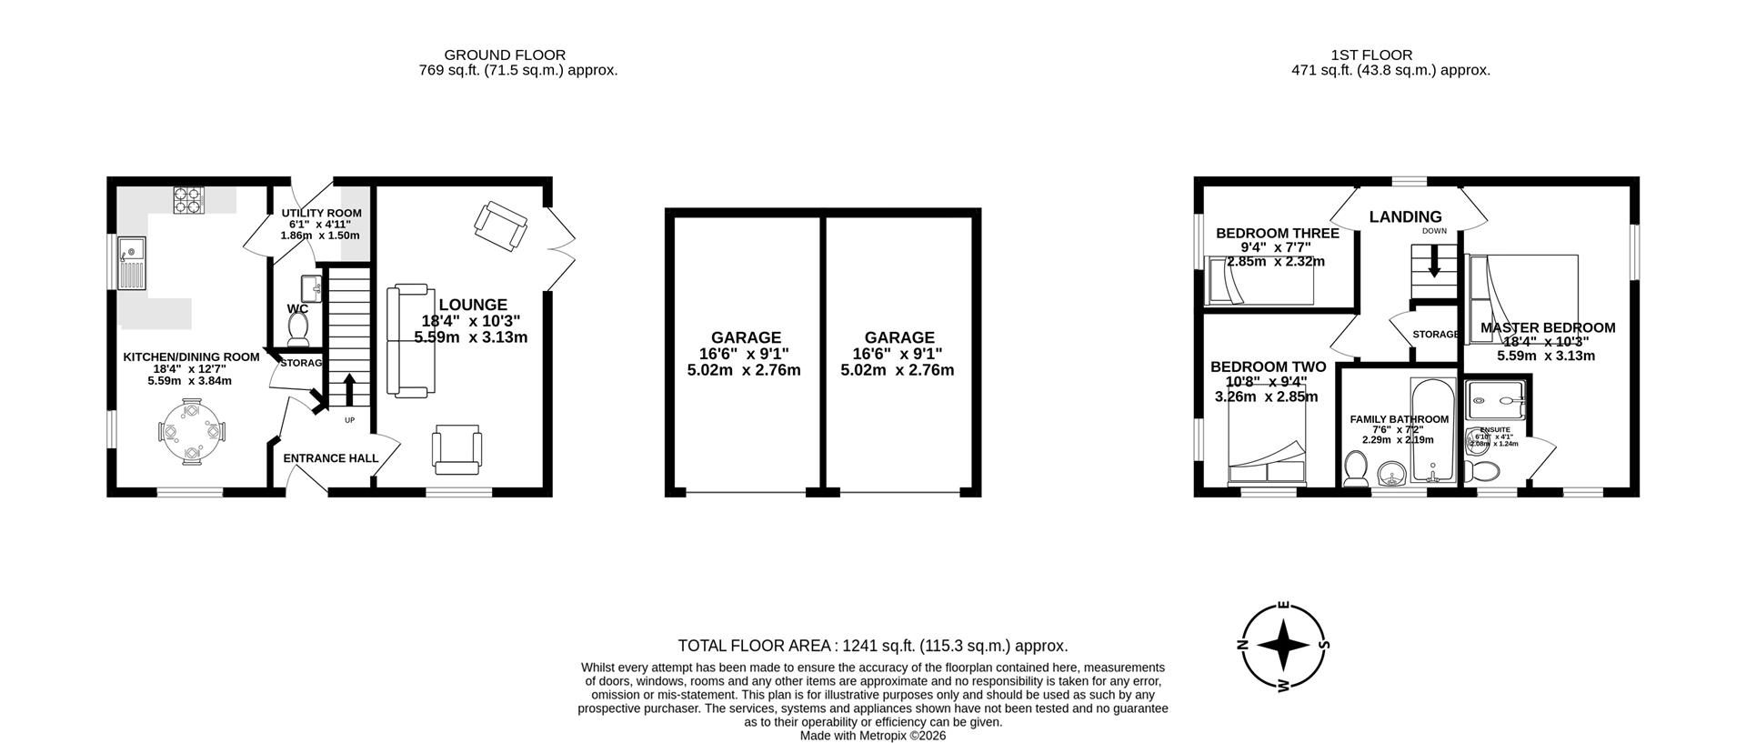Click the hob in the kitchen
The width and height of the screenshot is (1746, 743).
tap(188, 199)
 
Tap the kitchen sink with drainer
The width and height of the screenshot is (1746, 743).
tap(131, 262)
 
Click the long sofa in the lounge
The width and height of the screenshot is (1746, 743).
tap(408, 341)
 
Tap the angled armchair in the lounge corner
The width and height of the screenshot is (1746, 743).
tap(500, 224)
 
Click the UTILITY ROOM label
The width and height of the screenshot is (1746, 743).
tap(321, 213)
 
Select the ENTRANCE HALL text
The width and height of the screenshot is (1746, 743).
tap(330, 458)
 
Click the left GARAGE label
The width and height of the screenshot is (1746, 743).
tap(746, 337)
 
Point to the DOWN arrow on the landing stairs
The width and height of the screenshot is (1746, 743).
tap(1434, 265)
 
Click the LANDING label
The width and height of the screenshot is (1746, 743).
tap(1405, 216)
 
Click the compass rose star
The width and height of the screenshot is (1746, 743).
tap(1283, 647)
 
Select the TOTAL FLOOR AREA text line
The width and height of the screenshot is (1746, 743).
tap(872, 646)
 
